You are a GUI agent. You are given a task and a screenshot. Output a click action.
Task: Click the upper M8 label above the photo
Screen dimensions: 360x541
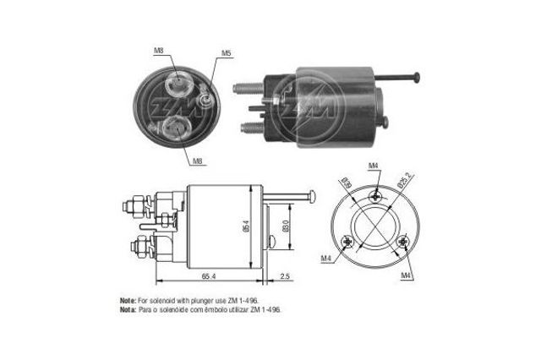click(158, 52)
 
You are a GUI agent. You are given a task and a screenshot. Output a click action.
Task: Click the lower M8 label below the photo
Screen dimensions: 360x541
click(196, 161)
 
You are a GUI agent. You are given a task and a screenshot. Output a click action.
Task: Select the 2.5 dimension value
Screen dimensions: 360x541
click(285, 276)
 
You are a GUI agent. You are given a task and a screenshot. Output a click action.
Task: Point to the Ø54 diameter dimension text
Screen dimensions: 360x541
click(245, 226)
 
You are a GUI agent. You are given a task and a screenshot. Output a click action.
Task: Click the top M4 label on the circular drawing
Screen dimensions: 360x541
click(373, 166)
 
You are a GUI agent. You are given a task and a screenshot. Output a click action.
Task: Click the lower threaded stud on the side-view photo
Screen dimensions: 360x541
click(251, 128)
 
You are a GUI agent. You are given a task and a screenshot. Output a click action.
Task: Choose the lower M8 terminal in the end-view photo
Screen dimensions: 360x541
click(178, 128)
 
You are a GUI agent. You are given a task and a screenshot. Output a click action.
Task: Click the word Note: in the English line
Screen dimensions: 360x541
click(128, 300)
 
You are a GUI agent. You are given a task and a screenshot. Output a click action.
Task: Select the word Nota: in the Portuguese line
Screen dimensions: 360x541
click(128, 309)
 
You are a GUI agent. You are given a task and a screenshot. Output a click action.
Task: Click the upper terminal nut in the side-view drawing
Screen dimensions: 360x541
click(134, 205)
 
